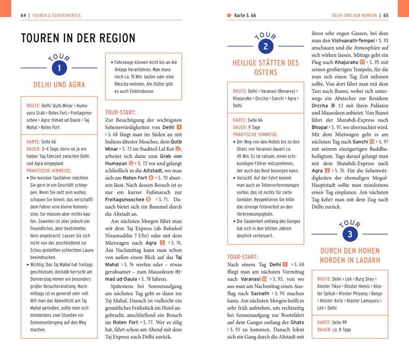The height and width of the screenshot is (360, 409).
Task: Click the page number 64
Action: tap(23, 16)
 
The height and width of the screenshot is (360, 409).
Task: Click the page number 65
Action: tap(386, 16)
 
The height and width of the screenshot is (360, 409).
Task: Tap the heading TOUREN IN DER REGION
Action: tap(78, 38)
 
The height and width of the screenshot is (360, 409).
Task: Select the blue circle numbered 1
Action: tap(59, 68)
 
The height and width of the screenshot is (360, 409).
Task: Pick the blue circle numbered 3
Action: tap(350, 234)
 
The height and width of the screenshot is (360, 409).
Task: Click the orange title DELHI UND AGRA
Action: tap(59, 85)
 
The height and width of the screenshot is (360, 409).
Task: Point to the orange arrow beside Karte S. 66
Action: tap(229, 16)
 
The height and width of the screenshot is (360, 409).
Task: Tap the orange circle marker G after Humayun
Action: tap(131, 164)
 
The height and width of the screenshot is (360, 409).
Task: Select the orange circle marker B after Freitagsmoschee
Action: tap(148, 200)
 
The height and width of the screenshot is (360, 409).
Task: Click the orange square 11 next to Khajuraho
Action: tap(362, 63)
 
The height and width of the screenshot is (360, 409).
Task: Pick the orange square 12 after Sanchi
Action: tap(372, 142)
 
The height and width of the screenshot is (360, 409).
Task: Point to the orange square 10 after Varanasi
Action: tap(264, 279)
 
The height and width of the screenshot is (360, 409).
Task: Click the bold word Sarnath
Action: tap(260, 293)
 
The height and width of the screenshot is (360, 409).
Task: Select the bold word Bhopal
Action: tap(320, 127)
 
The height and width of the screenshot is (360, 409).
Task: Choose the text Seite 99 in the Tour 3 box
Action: tap(339, 322)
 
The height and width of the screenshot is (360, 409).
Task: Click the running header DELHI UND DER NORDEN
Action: tap(354, 16)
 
